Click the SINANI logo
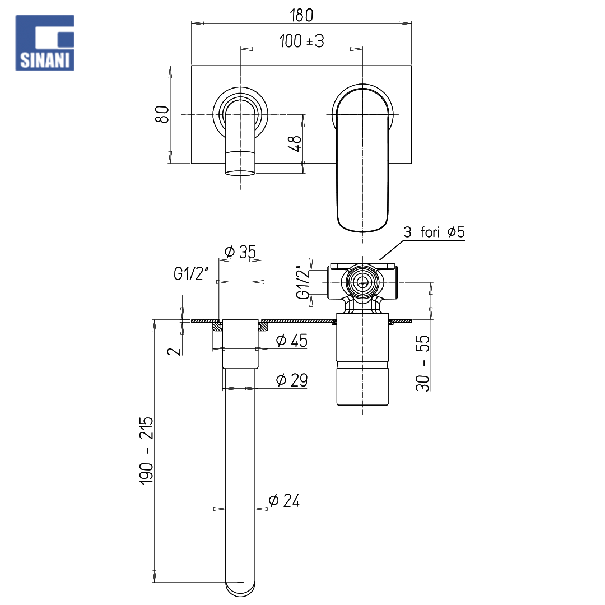tap(44, 43)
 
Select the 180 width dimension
tap(301, 15)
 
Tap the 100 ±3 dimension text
tap(302, 41)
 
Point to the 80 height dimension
tap(162, 114)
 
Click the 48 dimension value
tap(295, 144)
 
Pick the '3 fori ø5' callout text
tap(434, 232)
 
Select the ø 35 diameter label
tap(240, 252)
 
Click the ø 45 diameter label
tap(292, 341)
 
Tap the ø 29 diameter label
tap(292, 380)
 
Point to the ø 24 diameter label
tap(284, 500)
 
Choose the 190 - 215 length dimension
tap(147, 450)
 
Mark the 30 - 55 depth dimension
tap(422, 363)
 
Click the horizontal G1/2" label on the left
tap(191, 273)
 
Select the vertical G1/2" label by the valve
tap(303, 282)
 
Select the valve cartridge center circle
tap(362, 282)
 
